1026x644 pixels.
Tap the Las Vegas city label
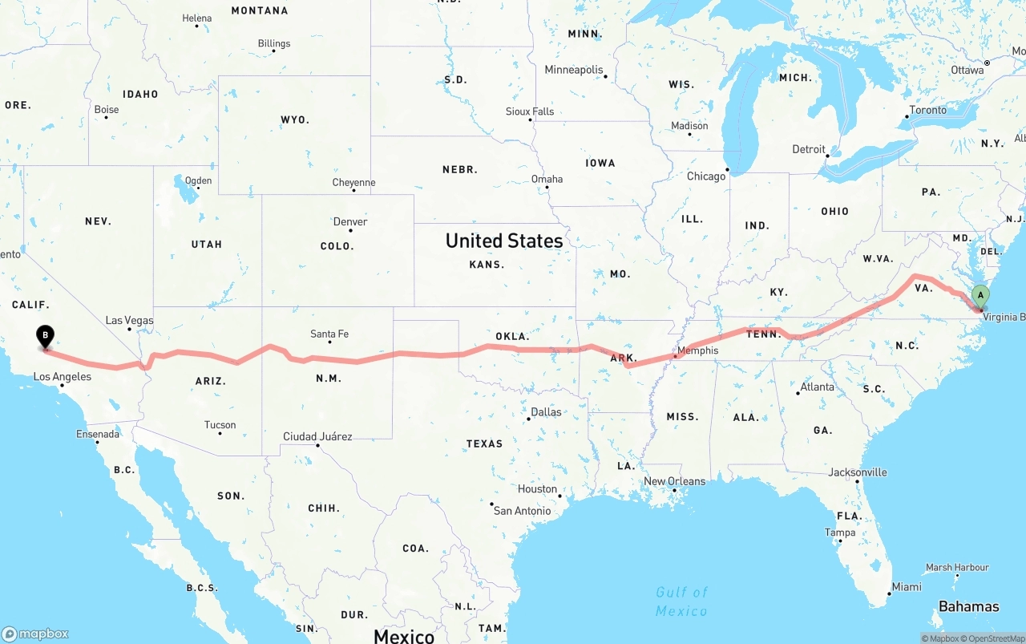[129, 320]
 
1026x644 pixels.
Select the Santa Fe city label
[329, 334]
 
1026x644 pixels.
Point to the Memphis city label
[697, 350]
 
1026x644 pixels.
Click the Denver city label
[350, 221]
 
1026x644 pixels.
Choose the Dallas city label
[546, 411]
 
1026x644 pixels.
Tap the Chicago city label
[705, 176]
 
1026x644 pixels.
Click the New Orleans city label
[675, 481]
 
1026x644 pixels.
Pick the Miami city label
[907, 586]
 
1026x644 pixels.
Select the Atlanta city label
[817, 387]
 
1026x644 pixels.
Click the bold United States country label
[504, 241]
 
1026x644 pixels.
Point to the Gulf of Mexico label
[681, 601]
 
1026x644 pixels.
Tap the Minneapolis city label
[574, 70]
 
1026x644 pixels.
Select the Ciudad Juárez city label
[317, 436]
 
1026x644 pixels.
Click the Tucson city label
[220, 425]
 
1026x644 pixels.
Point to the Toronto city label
[927, 110]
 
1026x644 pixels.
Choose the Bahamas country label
[968, 606]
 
